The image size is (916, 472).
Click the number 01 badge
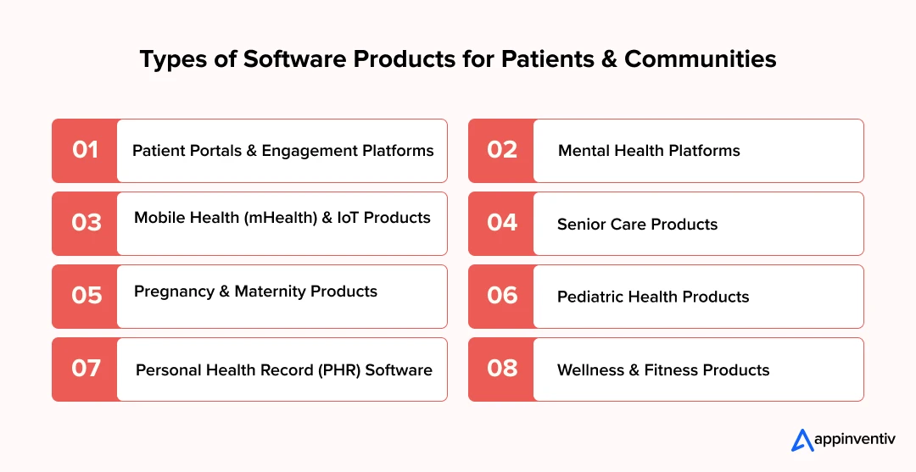point(85,151)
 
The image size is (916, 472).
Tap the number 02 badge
point(501,151)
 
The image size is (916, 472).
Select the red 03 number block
point(85,224)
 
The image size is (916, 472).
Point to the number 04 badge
point(501,224)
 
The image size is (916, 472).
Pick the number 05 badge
point(85,297)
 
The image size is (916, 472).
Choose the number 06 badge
point(501,297)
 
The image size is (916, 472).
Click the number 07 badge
point(85,369)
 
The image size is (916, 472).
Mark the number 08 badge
point(501,369)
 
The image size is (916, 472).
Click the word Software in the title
point(294,59)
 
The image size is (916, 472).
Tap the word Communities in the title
point(701,59)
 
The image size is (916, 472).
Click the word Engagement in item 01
point(310,151)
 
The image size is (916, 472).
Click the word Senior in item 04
point(578,224)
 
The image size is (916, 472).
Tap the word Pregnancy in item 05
point(174,292)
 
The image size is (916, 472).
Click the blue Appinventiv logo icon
point(802,440)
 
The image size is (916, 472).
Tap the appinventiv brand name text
point(855,439)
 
